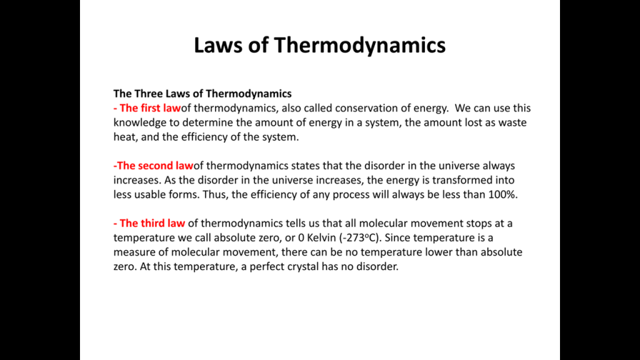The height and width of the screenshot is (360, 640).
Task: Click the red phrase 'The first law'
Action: point(150,107)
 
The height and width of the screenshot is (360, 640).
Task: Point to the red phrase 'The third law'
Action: point(152,223)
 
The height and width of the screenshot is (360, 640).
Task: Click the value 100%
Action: point(503,194)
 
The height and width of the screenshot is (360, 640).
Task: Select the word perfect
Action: point(267,267)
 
